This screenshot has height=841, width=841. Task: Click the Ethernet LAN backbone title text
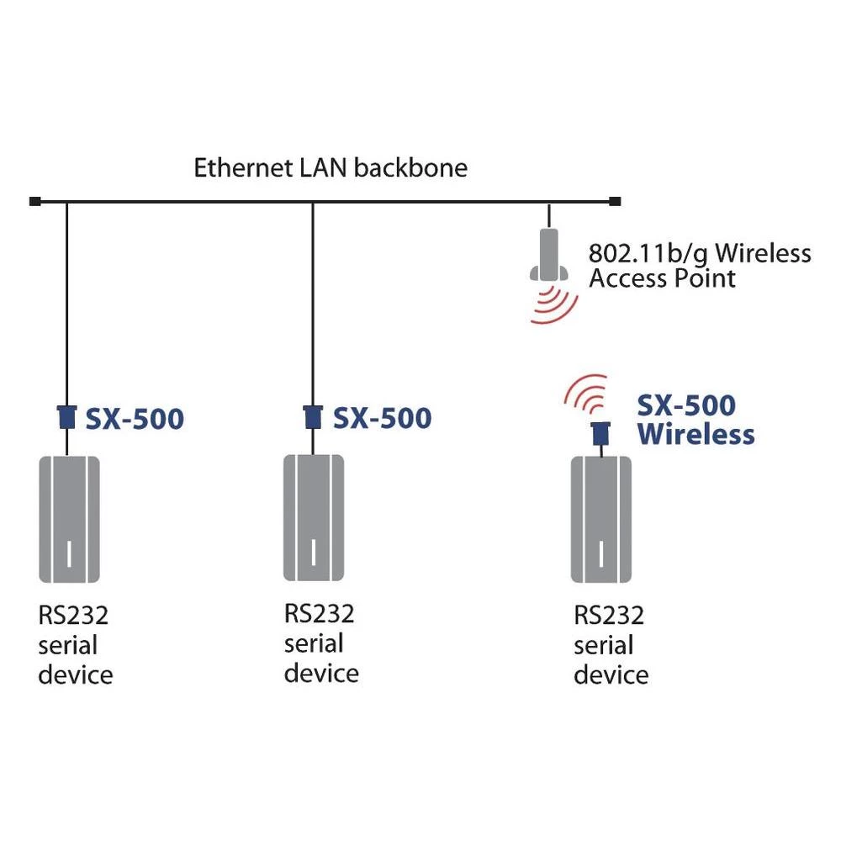[331, 167]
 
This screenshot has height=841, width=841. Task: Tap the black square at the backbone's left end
[34, 201]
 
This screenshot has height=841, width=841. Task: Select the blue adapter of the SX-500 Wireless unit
[600, 434]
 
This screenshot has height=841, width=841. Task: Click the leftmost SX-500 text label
[135, 419]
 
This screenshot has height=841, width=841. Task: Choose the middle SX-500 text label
[382, 418]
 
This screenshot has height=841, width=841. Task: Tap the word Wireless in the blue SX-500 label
[696, 435]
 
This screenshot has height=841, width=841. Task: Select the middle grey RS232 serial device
[313, 517]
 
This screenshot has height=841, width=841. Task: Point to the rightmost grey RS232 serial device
[600, 519]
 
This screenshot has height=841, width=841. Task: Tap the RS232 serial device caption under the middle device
[320, 643]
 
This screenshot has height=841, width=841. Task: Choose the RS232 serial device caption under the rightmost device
[611, 645]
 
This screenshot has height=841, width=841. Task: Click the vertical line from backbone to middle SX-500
[313, 303]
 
